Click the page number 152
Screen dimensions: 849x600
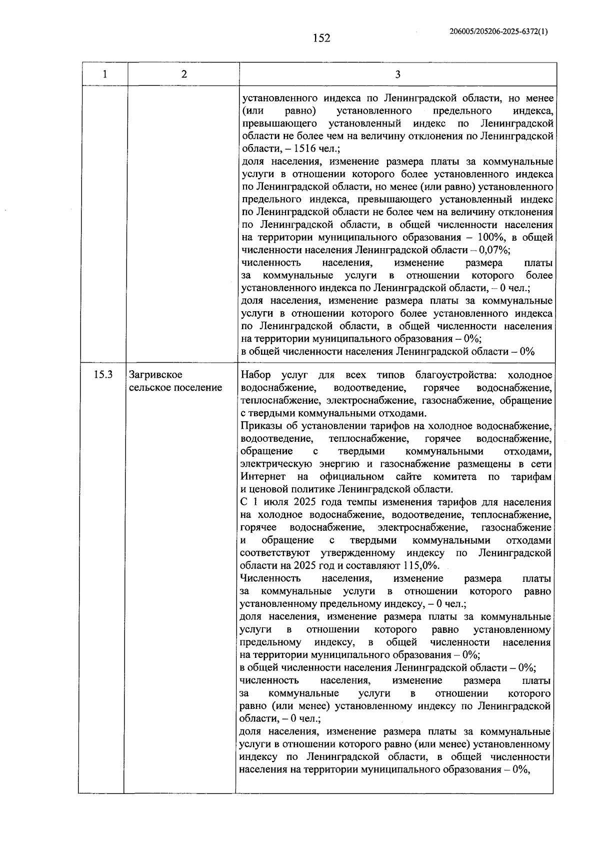click(321, 39)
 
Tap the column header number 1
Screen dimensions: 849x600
click(104, 75)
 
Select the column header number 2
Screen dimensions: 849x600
click(184, 75)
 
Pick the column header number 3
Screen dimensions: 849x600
click(397, 75)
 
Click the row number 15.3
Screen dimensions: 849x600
click(103, 375)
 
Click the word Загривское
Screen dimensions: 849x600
click(155, 375)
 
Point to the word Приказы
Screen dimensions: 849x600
click(260, 426)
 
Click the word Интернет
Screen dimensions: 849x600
click(263, 477)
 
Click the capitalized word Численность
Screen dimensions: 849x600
click(270, 578)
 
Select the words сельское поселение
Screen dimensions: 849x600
click(175, 388)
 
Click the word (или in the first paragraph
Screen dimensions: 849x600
click(252, 111)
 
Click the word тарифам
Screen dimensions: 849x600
click(531, 477)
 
